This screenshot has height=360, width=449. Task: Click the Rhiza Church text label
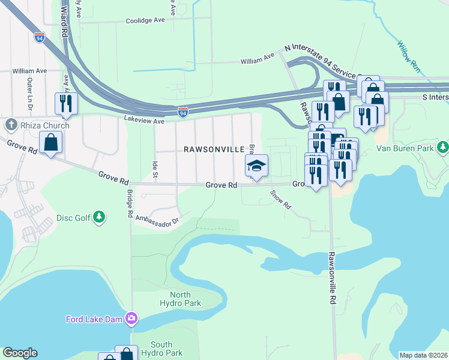pyautogui.click(x=44, y=125)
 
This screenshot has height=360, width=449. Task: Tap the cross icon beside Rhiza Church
pyautogui.click(x=10, y=125)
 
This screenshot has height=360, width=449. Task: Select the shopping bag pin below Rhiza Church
pyautogui.click(x=51, y=143)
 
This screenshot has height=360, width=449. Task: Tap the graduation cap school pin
pyautogui.click(x=256, y=166)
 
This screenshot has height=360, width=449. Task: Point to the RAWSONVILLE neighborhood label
pyautogui.click(x=214, y=149)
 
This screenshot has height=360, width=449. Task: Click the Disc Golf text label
pyautogui.click(x=73, y=218)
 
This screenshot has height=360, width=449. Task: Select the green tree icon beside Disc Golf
pyautogui.click(x=100, y=217)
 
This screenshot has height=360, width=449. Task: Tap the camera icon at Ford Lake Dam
pyautogui.click(x=132, y=319)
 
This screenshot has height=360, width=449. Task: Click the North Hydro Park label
pyautogui.click(x=185, y=299)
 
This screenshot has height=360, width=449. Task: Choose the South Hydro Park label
pyautogui.click(x=161, y=349)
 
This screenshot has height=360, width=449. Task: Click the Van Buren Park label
pyautogui.click(x=405, y=147)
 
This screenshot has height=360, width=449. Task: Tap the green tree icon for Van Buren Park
pyautogui.click(x=442, y=147)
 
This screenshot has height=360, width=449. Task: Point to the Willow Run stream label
pyautogui.click(x=408, y=57)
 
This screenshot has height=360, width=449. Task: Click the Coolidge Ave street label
pyautogui.click(x=145, y=20)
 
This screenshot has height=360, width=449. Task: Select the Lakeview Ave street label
pyautogui.click(x=144, y=121)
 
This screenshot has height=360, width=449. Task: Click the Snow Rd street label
pyautogui.click(x=280, y=200)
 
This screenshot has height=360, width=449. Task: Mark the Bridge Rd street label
pyautogui.click(x=130, y=203)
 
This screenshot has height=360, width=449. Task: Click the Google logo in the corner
pyautogui.click(x=20, y=353)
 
